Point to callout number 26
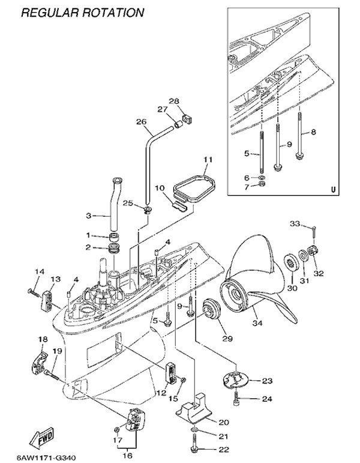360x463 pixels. click(x=141, y=122)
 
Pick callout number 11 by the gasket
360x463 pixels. click(x=208, y=159)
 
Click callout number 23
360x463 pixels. click(x=267, y=381)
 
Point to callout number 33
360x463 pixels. click(x=295, y=224)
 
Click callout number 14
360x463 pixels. click(x=39, y=272)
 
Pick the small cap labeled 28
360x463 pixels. click(x=185, y=120)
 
